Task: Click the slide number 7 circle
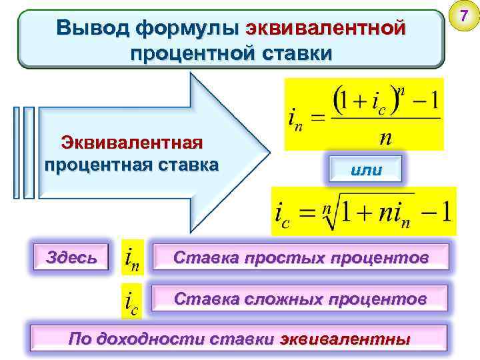coord(463,15)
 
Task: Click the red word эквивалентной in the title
coord(325,29)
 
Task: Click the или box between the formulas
coord(366,169)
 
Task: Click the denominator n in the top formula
coord(385,138)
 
